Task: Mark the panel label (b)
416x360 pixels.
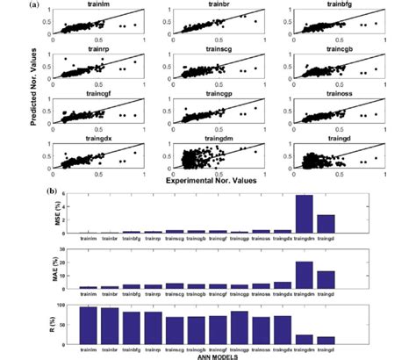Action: pyautogui.click(x=57, y=187)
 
